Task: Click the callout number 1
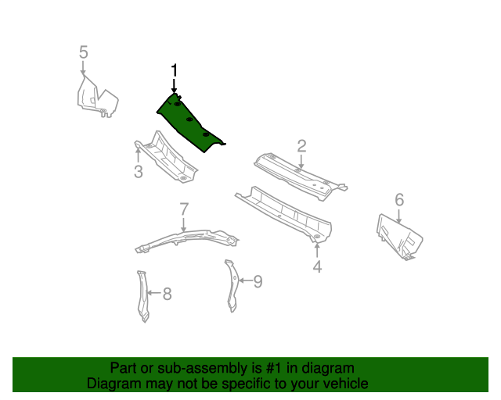[x=174, y=71]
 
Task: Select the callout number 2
[x=301, y=145]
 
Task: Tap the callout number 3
[x=138, y=171]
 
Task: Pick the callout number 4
[x=317, y=267]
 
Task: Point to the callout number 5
[x=83, y=52]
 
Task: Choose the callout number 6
[x=399, y=200]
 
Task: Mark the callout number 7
[x=184, y=209]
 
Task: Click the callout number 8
[x=166, y=294]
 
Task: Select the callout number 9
[x=258, y=280]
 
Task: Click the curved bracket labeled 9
[x=232, y=285]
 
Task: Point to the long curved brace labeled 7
[x=184, y=238]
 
